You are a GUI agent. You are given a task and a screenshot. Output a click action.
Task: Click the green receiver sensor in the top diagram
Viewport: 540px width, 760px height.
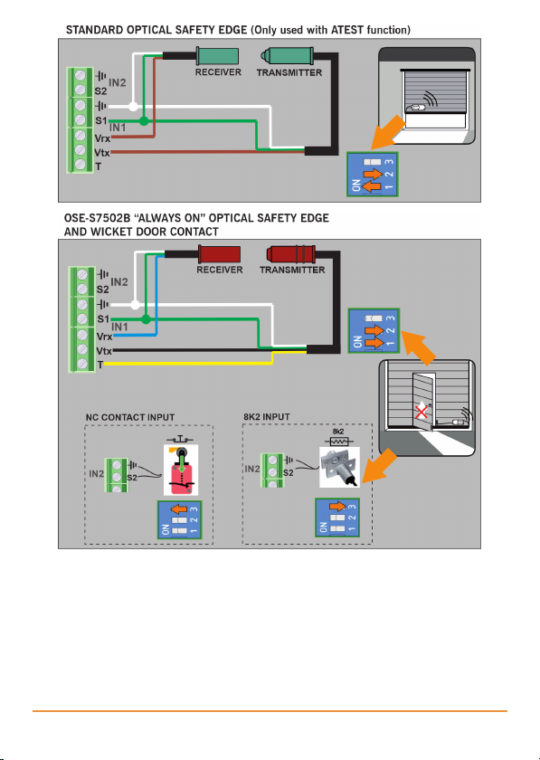(217, 56)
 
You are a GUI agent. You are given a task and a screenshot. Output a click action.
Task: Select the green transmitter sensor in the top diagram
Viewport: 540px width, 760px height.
(287, 56)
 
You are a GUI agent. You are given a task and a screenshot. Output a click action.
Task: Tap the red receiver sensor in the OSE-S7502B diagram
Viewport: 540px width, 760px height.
(219, 253)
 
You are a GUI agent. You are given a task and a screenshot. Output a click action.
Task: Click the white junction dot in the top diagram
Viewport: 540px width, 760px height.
(133, 106)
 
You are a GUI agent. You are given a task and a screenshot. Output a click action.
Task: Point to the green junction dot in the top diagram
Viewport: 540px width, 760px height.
(144, 120)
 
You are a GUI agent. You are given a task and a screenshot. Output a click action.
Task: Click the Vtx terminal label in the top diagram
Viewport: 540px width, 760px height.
(102, 153)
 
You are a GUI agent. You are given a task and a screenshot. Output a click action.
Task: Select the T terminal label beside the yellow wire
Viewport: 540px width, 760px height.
(100, 365)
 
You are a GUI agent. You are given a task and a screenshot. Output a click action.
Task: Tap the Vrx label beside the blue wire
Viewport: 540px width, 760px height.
(104, 337)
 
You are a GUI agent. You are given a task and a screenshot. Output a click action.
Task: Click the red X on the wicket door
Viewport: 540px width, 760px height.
(422, 413)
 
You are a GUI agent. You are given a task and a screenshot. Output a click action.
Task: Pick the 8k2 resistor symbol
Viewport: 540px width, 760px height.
(338, 442)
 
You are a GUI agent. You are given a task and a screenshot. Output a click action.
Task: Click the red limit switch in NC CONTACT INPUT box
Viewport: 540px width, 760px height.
(181, 470)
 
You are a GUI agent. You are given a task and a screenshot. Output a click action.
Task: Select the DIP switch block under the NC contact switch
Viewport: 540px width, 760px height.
(179, 519)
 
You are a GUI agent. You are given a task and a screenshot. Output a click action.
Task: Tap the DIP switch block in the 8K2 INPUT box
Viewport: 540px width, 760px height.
(336, 518)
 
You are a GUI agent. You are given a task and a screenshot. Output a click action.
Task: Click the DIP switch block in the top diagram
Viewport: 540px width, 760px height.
(373, 175)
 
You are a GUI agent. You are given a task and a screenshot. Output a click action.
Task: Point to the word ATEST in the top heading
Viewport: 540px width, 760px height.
(347, 30)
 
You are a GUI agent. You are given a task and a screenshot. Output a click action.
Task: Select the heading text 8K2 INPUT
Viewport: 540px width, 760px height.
(267, 417)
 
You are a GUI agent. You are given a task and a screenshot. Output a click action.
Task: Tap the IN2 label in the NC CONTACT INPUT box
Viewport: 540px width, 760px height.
(97, 473)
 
